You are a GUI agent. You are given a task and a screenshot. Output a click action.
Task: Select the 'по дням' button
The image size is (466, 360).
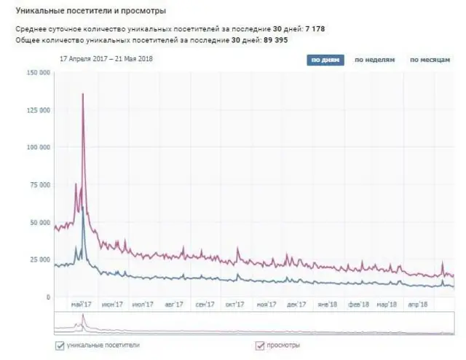(325, 60)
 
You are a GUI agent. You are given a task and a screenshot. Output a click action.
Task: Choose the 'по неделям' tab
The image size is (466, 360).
(374, 60)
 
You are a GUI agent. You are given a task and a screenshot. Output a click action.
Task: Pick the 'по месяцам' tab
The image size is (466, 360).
(429, 60)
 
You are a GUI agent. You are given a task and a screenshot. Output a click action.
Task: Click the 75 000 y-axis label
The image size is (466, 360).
(39, 185)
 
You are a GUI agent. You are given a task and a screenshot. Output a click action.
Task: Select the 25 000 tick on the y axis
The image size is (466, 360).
(39, 259)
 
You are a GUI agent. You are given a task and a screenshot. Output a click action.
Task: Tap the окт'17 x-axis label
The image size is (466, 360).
(234, 305)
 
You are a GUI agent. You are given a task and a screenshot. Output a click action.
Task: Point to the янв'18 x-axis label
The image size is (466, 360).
(327, 305)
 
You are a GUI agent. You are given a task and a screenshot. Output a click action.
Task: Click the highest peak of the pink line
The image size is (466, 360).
(83, 94)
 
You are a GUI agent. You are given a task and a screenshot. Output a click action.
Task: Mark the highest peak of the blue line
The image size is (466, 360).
(83, 208)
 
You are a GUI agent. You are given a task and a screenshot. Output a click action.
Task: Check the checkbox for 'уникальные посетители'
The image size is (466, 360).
(59, 345)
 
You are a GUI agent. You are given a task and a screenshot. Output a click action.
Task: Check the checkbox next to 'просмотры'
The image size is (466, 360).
(259, 345)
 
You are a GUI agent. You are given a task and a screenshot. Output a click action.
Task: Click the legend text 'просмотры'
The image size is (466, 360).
(283, 345)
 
